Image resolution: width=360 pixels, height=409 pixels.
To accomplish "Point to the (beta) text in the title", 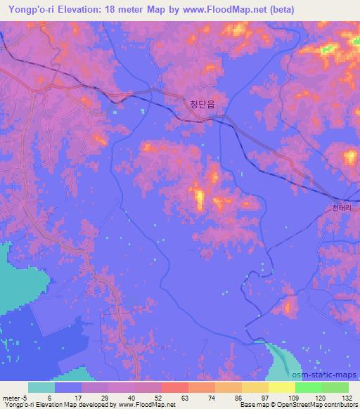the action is (x=280, y=9).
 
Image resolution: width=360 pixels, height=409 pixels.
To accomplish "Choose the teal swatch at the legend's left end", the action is (x=41, y=387).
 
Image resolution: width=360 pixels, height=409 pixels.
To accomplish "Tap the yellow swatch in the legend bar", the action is (x=281, y=387).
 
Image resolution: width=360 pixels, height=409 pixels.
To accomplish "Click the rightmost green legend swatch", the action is (x=335, y=387).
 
